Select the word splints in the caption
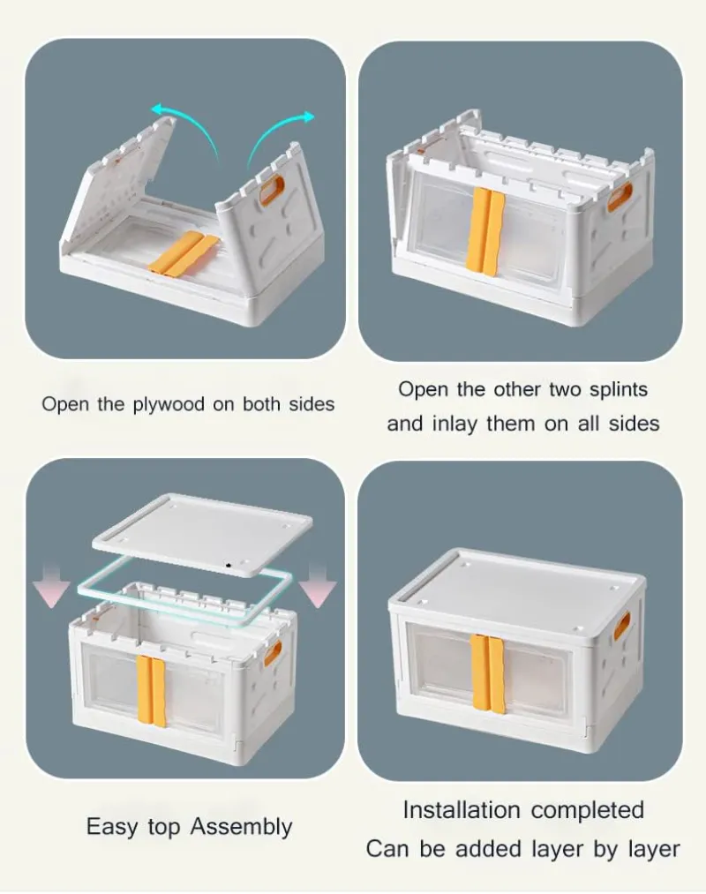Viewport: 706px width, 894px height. point(619,389)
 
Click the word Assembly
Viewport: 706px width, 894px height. point(241,827)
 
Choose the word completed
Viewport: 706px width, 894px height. point(588,810)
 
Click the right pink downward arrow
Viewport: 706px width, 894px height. point(317,587)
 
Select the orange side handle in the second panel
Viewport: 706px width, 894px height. point(620,198)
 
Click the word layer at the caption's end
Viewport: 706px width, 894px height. point(655,849)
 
